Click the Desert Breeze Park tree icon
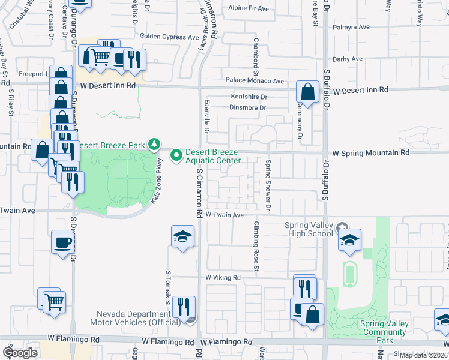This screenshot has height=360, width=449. click(x=155, y=144)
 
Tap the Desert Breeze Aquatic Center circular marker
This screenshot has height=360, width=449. click(x=176, y=155)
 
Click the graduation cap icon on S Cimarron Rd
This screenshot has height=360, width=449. click(x=183, y=237)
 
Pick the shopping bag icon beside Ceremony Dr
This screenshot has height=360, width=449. click(x=307, y=93)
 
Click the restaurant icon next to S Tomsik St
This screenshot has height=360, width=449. click(x=184, y=307)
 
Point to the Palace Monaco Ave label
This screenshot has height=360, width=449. click(x=255, y=80)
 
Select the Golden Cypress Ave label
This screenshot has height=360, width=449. click(x=169, y=37)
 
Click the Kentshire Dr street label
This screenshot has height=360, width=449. click(x=248, y=97)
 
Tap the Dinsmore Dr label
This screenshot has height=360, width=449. click(x=247, y=108)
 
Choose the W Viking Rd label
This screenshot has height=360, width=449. click(x=223, y=278)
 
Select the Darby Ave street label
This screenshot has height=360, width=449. click(x=348, y=59)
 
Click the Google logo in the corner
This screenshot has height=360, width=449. click(x=20, y=353)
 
